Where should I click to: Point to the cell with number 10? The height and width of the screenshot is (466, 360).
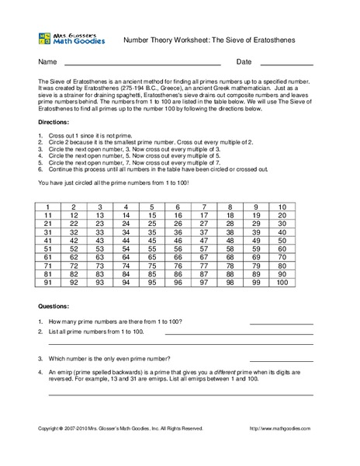(x=281, y=207)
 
